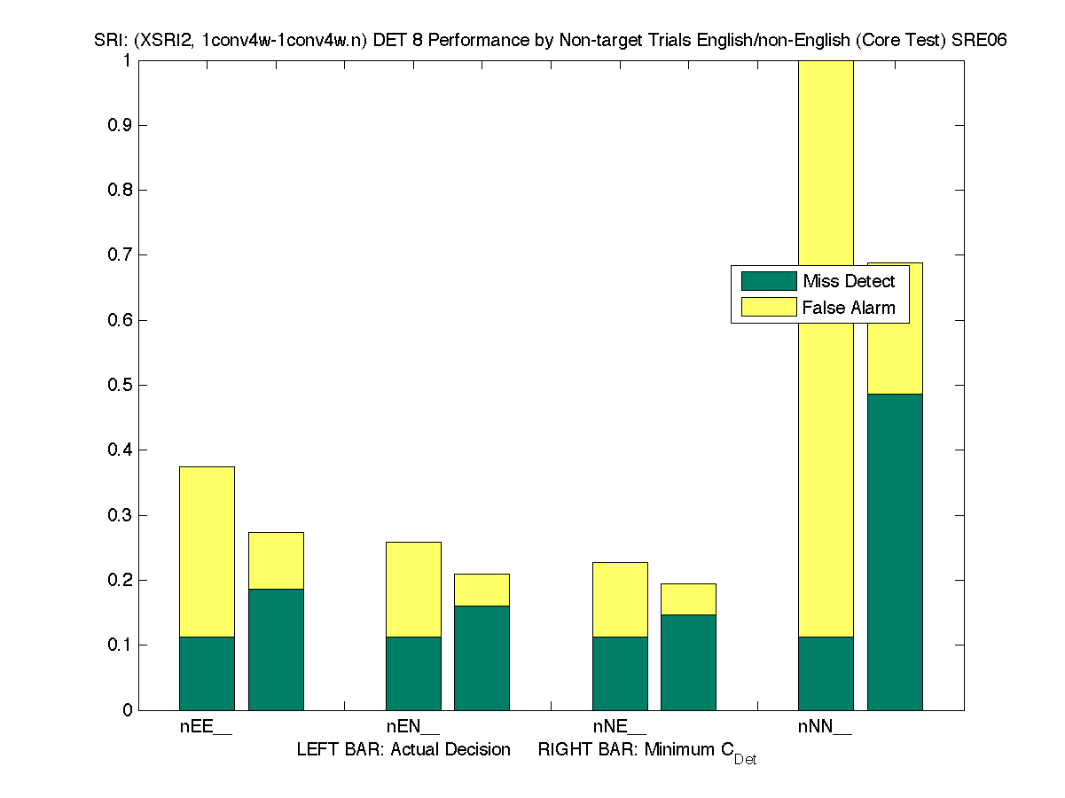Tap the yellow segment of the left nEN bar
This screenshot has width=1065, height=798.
point(413,590)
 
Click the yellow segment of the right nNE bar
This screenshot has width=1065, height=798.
point(688,599)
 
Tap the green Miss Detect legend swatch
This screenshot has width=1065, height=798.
point(769,281)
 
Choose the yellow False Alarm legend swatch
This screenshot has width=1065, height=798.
point(769,308)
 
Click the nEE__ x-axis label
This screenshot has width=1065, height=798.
point(206,728)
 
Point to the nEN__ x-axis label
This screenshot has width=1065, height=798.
point(412,728)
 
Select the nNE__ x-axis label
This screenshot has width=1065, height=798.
point(619,728)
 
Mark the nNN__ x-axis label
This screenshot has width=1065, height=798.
point(825,728)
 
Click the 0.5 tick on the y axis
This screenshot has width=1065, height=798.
point(120,386)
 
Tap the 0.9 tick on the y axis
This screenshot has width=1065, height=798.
point(120,126)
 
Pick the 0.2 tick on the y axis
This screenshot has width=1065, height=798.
point(120,581)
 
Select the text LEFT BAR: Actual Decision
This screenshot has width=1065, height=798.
point(403,750)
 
